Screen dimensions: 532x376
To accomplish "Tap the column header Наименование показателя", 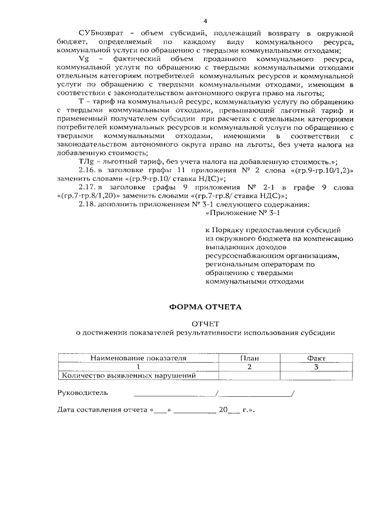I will tap(138, 357).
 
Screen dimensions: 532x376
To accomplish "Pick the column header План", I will tap(249, 357).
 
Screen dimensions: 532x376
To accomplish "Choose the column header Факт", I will tap(316, 357).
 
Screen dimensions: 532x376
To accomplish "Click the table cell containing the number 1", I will tap(138, 367).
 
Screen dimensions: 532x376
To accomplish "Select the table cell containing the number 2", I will tap(249, 367).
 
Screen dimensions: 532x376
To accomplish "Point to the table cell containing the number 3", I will tap(316, 367).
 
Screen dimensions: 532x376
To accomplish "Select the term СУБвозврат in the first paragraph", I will tap(98, 29).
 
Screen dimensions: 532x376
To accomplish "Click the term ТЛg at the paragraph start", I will tap(85, 160).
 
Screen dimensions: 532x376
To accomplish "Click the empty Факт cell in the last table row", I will tap(316, 376).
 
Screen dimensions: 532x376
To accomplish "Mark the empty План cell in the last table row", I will tap(249, 376).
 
